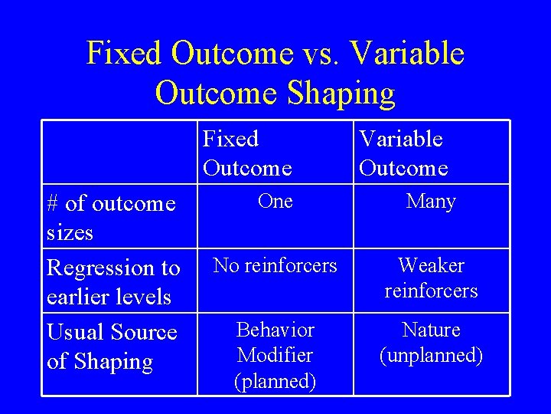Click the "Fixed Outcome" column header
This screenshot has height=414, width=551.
coord(246,153)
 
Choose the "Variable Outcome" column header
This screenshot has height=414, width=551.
coord(403,153)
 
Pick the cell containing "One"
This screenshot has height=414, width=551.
coord(275,201)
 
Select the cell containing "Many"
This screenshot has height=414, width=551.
coord(431,202)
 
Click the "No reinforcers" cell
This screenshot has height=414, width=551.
coord(275,265)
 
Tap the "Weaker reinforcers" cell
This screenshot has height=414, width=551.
coord(431,278)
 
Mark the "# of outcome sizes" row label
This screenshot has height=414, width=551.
coord(111,218)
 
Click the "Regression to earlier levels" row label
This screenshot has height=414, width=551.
coord(113,282)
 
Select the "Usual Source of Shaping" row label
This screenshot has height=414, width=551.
coord(112,347)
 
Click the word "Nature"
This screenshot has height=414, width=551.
coord(431,330)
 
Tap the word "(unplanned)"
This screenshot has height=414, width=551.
coord(431,356)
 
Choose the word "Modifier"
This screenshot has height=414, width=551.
coord(275,356)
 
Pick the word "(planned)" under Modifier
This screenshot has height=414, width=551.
coord(275,381)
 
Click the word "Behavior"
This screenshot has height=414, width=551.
coord(275,330)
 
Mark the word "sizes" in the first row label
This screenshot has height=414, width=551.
coord(70,232)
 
